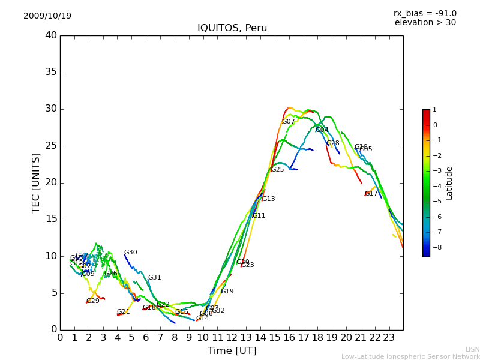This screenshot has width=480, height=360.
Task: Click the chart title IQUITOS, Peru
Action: pos(232,28)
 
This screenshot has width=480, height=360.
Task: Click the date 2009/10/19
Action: pos(47,16)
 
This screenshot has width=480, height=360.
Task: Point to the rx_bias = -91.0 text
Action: pos(425,14)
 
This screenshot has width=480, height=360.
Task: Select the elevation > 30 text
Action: pos(425,23)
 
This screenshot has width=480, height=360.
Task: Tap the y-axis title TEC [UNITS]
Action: pos(37,182)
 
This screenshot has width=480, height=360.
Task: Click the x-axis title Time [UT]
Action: pos(232,351)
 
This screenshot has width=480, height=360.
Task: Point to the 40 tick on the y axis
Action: pos(51,35)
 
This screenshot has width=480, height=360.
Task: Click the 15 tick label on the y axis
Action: pos(51,220)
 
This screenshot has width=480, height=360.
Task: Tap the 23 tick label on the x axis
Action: pos(389,337)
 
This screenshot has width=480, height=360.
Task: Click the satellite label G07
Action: pos(289,122)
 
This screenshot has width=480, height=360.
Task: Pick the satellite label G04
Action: pos(322,130)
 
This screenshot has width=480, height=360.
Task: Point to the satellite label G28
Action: pos(333,143)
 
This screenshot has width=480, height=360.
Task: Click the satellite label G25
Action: pos(278,170)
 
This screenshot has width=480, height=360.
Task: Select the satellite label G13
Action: pos(269,199)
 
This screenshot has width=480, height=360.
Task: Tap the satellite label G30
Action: pos(131,253)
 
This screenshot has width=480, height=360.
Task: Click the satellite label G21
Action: pos(124,312)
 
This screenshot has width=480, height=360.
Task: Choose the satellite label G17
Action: pos(372,194)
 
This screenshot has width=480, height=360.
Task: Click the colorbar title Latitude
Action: pos(449,183)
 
